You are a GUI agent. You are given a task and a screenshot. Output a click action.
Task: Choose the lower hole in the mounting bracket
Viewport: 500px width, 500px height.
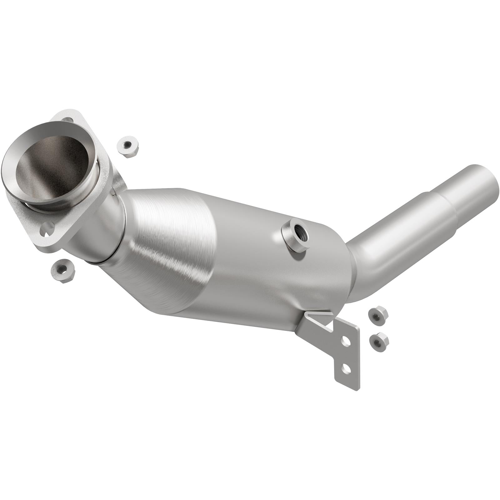(345, 369)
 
